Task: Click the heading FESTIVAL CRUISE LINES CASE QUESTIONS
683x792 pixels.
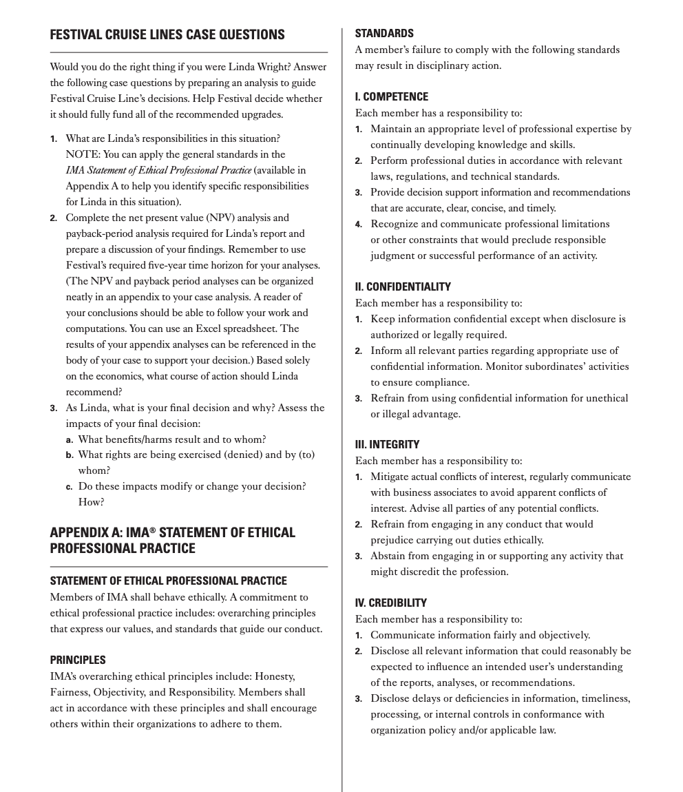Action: coord(167,34)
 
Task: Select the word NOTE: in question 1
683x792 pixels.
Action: coord(82,154)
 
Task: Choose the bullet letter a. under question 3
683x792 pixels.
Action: coord(70,439)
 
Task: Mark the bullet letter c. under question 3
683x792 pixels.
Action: coord(70,487)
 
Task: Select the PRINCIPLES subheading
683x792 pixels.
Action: coord(78,660)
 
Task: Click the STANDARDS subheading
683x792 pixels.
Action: coord(384,33)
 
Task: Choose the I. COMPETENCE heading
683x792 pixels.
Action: coord(392,96)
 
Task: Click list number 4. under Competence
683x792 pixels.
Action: coord(359,225)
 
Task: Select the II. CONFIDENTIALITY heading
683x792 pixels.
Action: coord(403,286)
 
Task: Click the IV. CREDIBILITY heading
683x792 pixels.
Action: coord(391,603)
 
